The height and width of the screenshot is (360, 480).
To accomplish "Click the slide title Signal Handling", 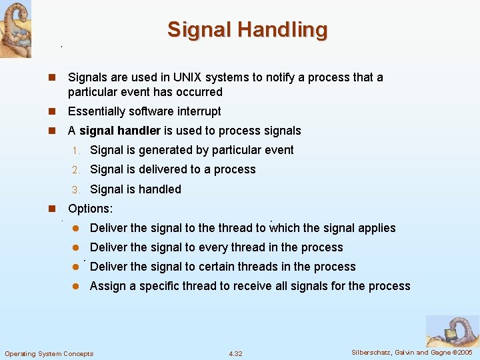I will click(247, 30).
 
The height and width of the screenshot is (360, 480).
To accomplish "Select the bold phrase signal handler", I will click(120, 131).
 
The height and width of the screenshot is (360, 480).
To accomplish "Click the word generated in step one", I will click(164, 150).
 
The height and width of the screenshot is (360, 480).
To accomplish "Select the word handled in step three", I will click(160, 189).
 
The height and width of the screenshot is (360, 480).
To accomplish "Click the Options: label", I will click(91, 209).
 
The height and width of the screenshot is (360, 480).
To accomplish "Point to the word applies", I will click(377, 228).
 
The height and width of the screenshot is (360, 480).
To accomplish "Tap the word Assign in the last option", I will click(107, 286).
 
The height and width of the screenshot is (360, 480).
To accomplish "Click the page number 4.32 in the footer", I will click(235, 353).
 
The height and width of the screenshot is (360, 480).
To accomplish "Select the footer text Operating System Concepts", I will click(49, 353).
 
